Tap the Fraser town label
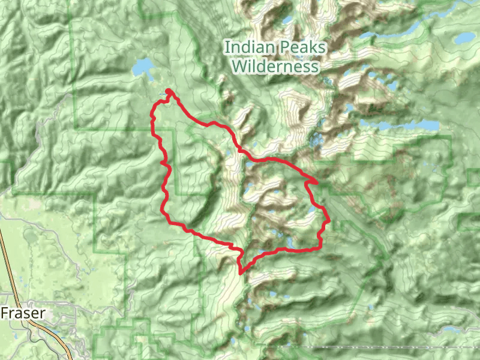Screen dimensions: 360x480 pyautogui.click(x=23, y=313)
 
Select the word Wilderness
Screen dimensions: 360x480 pyautogui.click(x=275, y=66)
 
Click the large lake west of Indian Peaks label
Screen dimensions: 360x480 pyautogui.click(x=144, y=67)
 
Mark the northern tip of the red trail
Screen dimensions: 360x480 pyautogui.click(x=169, y=91)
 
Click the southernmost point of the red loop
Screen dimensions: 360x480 pyautogui.click(x=241, y=273)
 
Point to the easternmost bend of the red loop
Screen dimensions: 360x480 pyautogui.click(x=330, y=221)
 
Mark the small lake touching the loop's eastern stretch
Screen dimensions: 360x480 pyautogui.click(x=311, y=213)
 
